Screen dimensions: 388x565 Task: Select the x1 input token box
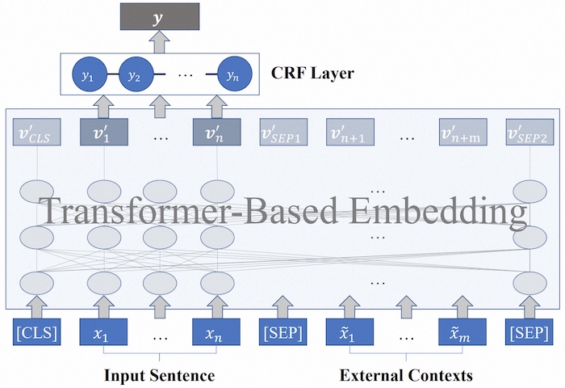pyautogui.click(x=103, y=332)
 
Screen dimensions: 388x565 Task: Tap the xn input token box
pyautogui.click(x=216, y=332)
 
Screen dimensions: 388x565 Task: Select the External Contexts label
pyautogui.click(x=406, y=375)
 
